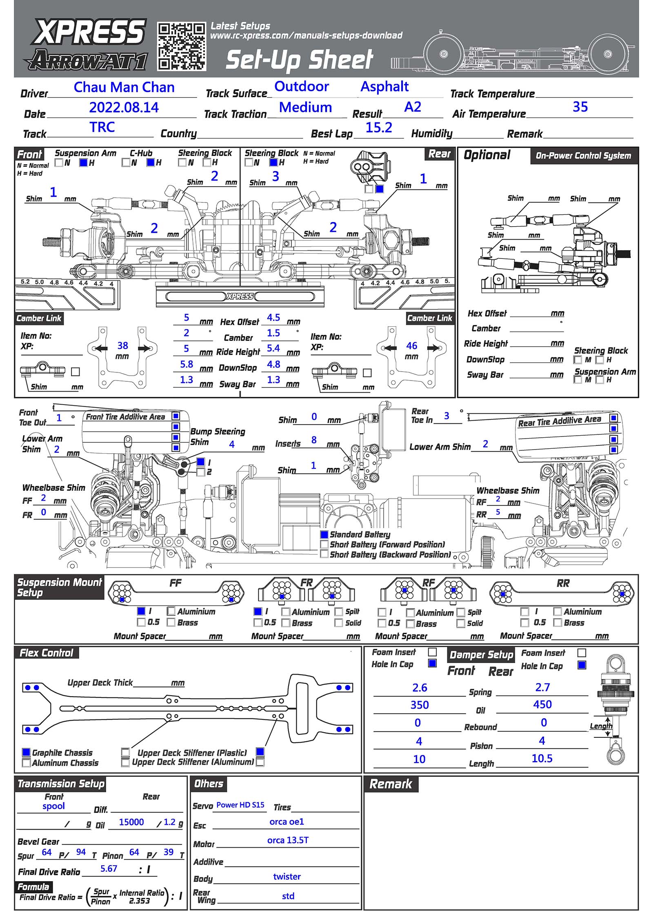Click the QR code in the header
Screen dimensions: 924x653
coord(182,47)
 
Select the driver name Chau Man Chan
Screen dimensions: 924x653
coord(124,87)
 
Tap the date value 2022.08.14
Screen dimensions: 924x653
coord(124,107)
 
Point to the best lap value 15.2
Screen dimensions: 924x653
coord(378,128)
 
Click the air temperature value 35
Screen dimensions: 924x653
coord(580,107)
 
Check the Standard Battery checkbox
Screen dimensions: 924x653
coord(324,534)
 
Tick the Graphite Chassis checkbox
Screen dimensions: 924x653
coord(26,752)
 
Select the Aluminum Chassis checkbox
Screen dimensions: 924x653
coord(26,762)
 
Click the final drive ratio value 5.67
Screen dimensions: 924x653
coord(109,868)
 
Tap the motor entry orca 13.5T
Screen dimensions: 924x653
coord(288,840)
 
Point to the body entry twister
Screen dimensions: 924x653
coord(287,876)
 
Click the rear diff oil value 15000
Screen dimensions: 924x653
coord(131,822)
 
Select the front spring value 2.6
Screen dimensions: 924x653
coord(420,688)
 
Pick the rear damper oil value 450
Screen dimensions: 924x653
coord(542,704)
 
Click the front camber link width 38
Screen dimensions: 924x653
coord(122,346)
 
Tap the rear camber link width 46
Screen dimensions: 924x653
coord(411,346)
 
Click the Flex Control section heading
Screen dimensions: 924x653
coord(46,653)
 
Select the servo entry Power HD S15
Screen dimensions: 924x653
coord(240,805)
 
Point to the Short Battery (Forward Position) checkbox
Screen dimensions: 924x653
coord(324,544)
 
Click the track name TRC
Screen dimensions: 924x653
coord(102,127)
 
